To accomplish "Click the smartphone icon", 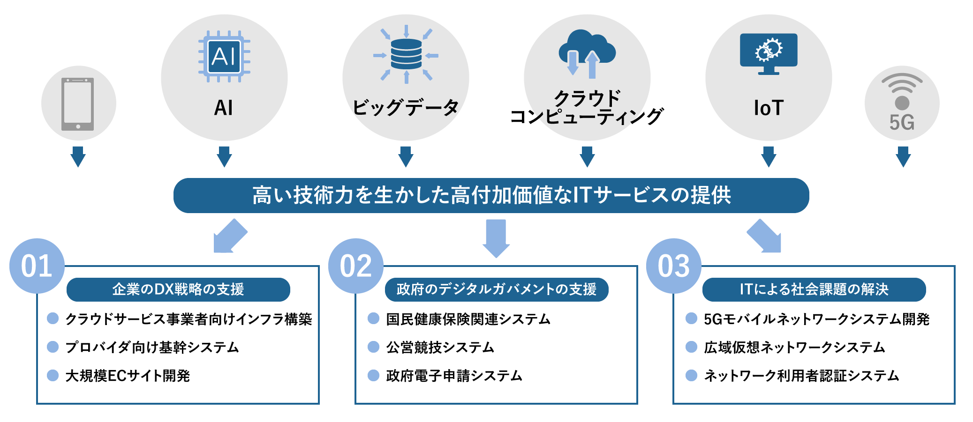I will [x=78, y=104].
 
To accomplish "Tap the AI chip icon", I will [x=224, y=56].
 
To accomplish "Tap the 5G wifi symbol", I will [x=902, y=92].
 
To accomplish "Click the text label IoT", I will [x=769, y=108].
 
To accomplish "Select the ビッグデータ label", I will [x=406, y=108].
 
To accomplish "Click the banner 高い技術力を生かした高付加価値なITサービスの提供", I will [x=491, y=195].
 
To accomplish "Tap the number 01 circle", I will [x=37, y=266].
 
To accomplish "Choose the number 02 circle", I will [x=355, y=266].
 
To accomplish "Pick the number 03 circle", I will [x=673, y=266].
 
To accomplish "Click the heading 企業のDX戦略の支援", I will [x=178, y=289].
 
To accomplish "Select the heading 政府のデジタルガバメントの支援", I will [x=496, y=289].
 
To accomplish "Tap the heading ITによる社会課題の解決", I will [x=814, y=289].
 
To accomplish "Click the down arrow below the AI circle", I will [x=224, y=156].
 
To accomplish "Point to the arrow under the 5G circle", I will [x=903, y=156].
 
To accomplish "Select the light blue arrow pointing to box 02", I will [x=496, y=238].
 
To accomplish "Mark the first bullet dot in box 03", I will [x=691, y=318].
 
